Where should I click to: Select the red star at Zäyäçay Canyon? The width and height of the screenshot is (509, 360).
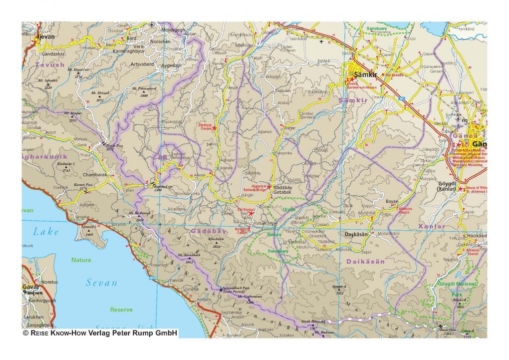[x=214, y=128]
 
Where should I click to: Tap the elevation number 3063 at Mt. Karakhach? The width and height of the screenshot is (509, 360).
[x=189, y=261]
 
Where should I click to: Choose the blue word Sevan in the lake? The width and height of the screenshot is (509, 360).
[x=101, y=283]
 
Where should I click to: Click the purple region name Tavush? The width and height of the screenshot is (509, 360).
[x=50, y=65]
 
